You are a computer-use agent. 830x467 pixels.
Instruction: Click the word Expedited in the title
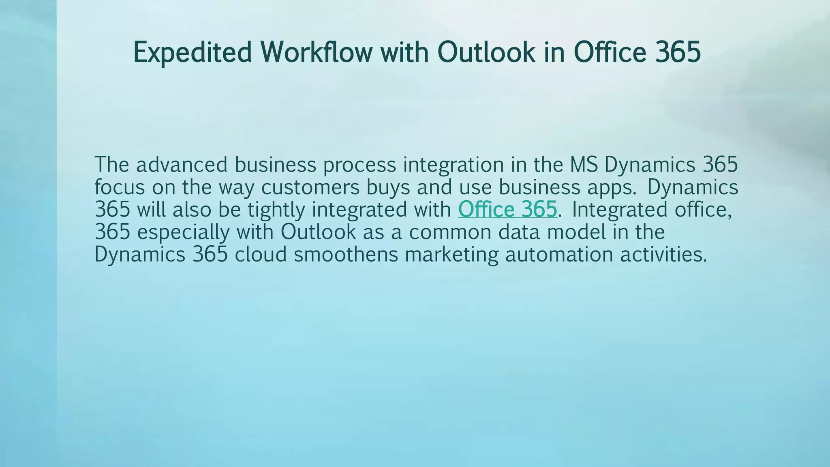192,53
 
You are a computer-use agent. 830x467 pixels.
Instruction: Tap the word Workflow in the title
316,53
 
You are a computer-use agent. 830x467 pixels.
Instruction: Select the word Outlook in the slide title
486,53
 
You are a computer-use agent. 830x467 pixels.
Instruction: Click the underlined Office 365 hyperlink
507,210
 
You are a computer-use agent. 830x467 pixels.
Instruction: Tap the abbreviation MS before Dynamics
584,165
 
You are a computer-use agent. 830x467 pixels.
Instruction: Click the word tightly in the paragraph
276,210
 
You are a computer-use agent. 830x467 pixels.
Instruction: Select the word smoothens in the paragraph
346,255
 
